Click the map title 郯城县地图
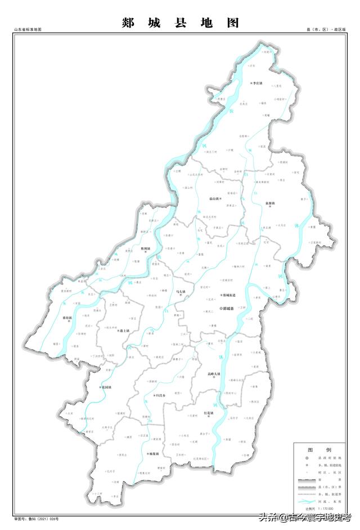[x=180, y=22]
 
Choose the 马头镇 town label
[x=180, y=291]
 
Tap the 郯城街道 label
[x=230, y=295]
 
